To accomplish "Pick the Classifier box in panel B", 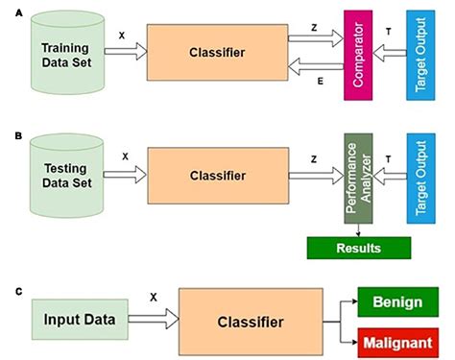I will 215,175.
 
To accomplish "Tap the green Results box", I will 358,248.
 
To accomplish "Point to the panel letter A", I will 8,9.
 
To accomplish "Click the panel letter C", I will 8,283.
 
